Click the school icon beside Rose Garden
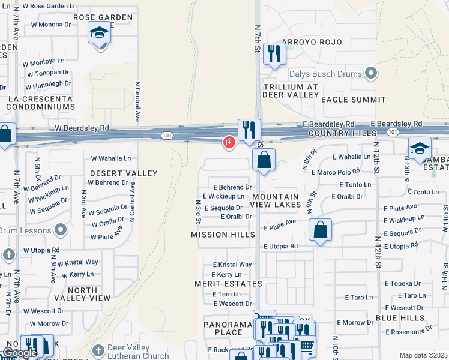pos(100,34)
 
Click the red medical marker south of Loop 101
pos(229,142)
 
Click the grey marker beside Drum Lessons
pos(61,230)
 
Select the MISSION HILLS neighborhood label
pos(223,235)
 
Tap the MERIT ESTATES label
pos(228,283)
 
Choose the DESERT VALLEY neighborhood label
pos(123,173)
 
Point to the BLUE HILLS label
pos(400,317)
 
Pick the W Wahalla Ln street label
pos(110,158)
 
